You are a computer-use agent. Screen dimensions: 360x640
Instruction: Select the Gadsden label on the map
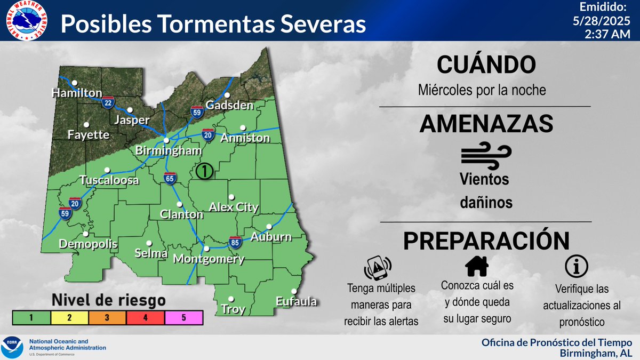[229, 105]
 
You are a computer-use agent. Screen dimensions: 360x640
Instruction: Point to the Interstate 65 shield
[170, 179]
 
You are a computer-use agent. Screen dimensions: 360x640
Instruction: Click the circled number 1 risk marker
[205, 171]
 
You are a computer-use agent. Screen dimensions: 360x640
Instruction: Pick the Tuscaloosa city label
[109, 180]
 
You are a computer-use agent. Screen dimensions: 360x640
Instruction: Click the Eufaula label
[297, 302]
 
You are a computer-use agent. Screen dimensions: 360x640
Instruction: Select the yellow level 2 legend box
[70, 317]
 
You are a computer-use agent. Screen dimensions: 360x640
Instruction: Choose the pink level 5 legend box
[184, 317]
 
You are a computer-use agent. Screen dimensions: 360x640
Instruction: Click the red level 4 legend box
[146, 317]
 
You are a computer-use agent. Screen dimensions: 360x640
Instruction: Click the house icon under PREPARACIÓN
[477, 265]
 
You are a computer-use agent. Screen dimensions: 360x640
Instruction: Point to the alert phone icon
[378, 267]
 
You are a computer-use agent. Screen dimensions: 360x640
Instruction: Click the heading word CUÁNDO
[485, 65]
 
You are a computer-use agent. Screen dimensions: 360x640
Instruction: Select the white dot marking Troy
[231, 299]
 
